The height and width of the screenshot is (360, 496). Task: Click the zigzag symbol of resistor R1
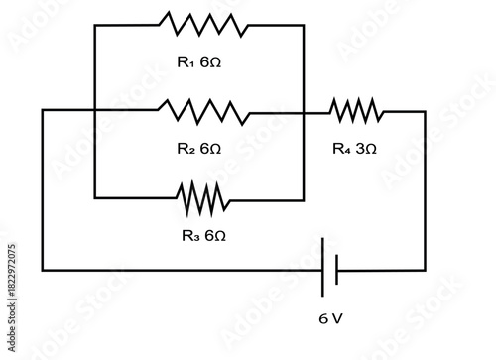[x=203, y=25]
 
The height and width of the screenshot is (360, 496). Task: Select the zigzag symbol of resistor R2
[x=203, y=111]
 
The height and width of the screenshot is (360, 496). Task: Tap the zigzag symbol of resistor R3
[x=203, y=198]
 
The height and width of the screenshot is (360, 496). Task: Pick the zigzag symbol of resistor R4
[x=355, y=111]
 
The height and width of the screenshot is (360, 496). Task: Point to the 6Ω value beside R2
[x=211, y=149]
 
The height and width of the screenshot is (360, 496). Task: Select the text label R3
[x=190, y=236]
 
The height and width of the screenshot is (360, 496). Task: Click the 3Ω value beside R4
[x=366, y=149]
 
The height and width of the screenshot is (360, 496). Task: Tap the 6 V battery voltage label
[x=331, y=320]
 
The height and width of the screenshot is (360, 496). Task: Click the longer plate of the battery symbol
[x=323, y=268]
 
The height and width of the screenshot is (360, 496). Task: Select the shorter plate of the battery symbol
[x=337, y=268]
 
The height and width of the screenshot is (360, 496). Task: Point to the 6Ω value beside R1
[x=211, y=62]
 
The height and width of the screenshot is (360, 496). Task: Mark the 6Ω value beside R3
[x=216, y=236]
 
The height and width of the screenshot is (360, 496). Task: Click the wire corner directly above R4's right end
[x=425, y=111]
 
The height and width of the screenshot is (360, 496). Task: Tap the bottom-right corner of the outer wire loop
[x=425, y=269]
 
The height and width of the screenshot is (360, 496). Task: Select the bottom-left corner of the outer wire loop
[x=43, y=269]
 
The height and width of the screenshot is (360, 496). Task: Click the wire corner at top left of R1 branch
[x=94, y=25]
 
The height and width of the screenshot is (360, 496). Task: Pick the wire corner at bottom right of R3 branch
[x=302, y=198]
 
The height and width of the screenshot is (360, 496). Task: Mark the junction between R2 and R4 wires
[x=302, y=111]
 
